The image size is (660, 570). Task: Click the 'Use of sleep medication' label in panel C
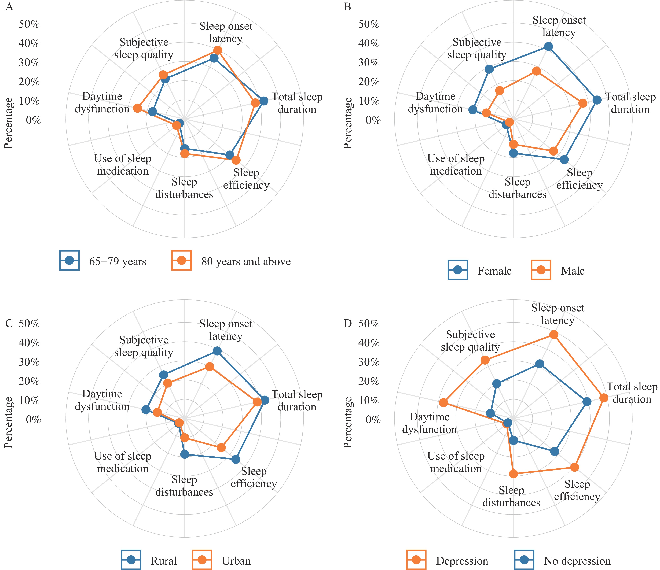[x=123, y=462]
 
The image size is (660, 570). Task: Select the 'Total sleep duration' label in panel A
[x=297, y=103]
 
